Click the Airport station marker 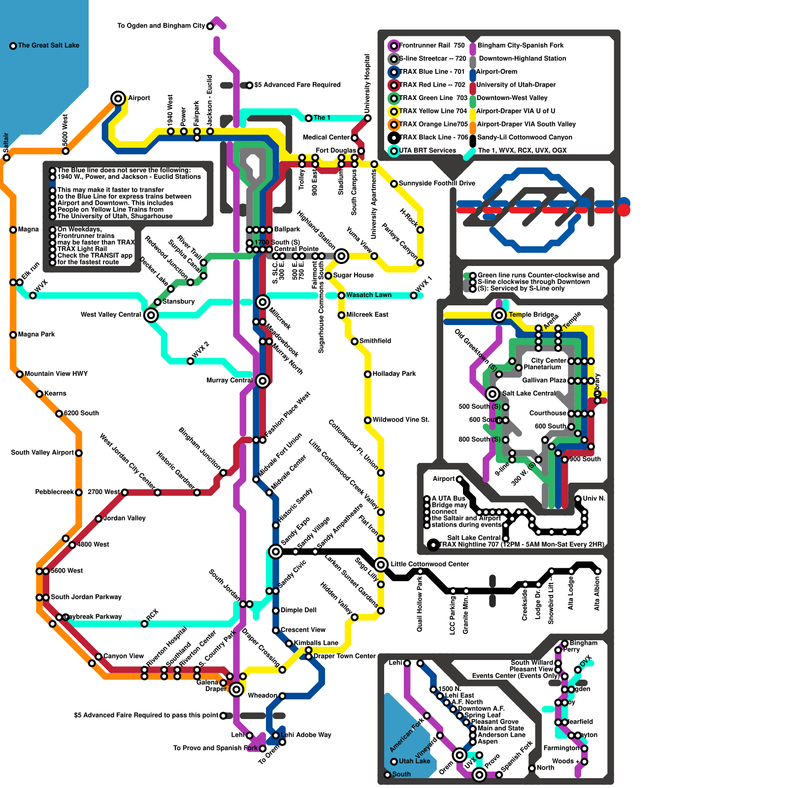tap(118, 98)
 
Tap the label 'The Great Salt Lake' tap(48, 45)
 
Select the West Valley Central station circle tap(151, 315)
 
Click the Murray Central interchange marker tap(263, 380)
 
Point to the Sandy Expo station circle tap(276, 551)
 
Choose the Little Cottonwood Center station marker tap(381, 564)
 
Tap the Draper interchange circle tap(236, 689)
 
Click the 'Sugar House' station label tap(353, 275)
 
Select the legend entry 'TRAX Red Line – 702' tap(432, 85)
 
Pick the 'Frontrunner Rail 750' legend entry tap(431, 45)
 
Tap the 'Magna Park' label tap(36, 334)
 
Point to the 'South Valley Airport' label tap(42, 453)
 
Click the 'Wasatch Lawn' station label tap(368, 295)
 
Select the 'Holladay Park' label tap(394, 374)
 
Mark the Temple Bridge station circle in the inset tap(499, 315)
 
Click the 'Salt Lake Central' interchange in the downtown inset tap(492, 394)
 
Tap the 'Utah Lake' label tap(414, 761)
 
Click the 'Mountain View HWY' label tap(56, 374)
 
